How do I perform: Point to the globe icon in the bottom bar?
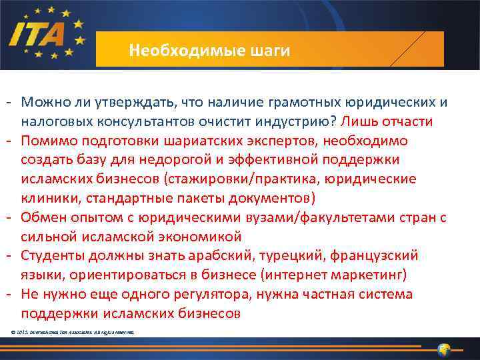(x=444, y=349)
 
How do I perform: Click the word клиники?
(x=47, y=199)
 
